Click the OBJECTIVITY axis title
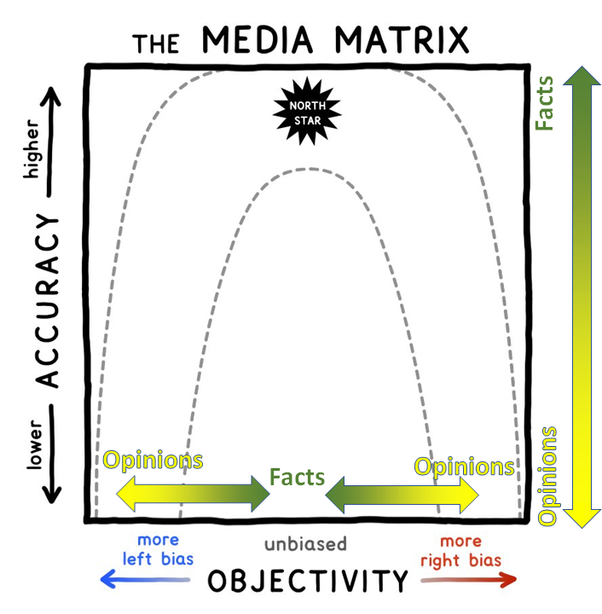click(x=308, y=582)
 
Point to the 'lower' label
click(x=35, y=445)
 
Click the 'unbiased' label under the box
click(x=304, y=544)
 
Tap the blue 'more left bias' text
click(x=157, y=551)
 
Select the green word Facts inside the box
click(x=297, y=476)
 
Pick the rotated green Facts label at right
click(x=545, y=104)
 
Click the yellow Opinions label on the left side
click(x=153, y=460)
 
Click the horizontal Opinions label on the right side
click(x=464, y=466)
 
